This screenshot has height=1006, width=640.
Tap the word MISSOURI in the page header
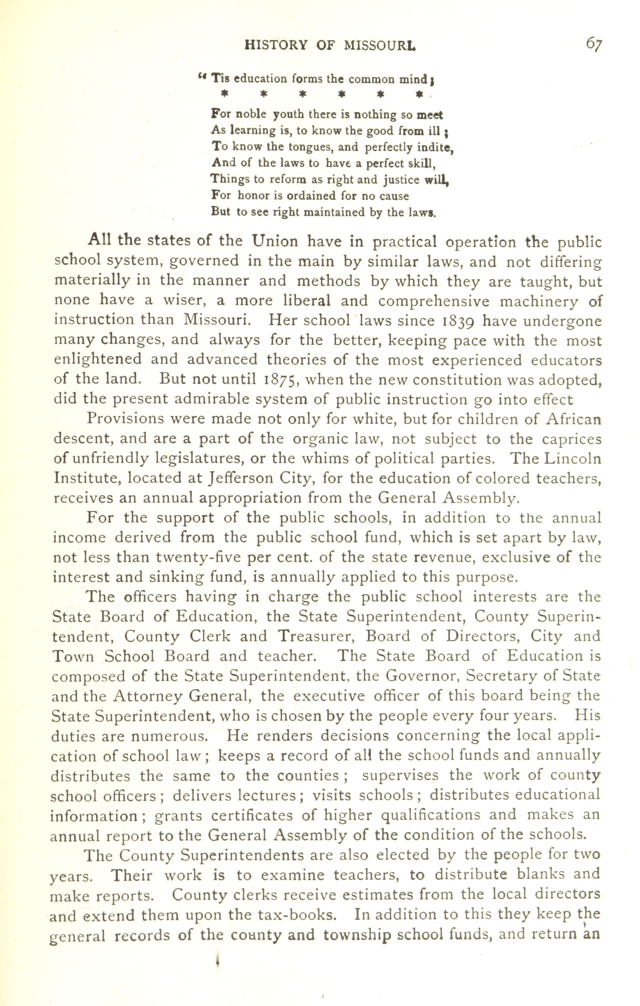pyautogui.click(x=380, y=45)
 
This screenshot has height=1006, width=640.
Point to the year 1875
pyautogui.click(x=282, y=380)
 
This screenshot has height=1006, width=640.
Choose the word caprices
pyautogui.click(x=572, y=439)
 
